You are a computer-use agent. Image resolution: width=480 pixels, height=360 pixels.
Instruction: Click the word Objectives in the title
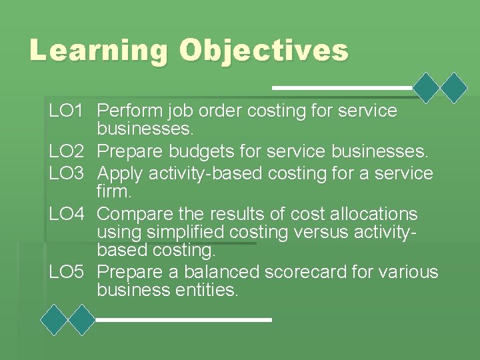pyautogui.click(x=263, y=51)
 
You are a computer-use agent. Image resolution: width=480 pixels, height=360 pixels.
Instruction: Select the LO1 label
pyautogui.click(x=65, y=111)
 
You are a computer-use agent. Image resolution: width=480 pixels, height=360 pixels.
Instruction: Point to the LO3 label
pyautogui.click(x=65, y=173)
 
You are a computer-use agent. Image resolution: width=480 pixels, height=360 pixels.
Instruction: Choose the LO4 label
pyautogui.click(x=65, y=214)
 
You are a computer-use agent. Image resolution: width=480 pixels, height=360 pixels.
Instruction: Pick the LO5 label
pyautogui.click(x=65, y=272)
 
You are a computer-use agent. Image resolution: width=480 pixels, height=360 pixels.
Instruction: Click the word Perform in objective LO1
pyautogui.click(x=131, y=111)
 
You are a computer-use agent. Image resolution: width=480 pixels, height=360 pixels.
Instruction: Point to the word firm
pyautogui.click(x=115, y=192)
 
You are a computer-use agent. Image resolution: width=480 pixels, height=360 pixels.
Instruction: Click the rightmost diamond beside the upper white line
pyautogui.click(x=455, y=87)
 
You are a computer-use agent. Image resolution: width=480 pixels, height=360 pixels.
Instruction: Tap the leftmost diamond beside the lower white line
pyautogui.click(x=54, y=320)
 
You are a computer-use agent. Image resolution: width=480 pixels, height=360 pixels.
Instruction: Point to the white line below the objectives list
pyautogui.click(x=184, y=320)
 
